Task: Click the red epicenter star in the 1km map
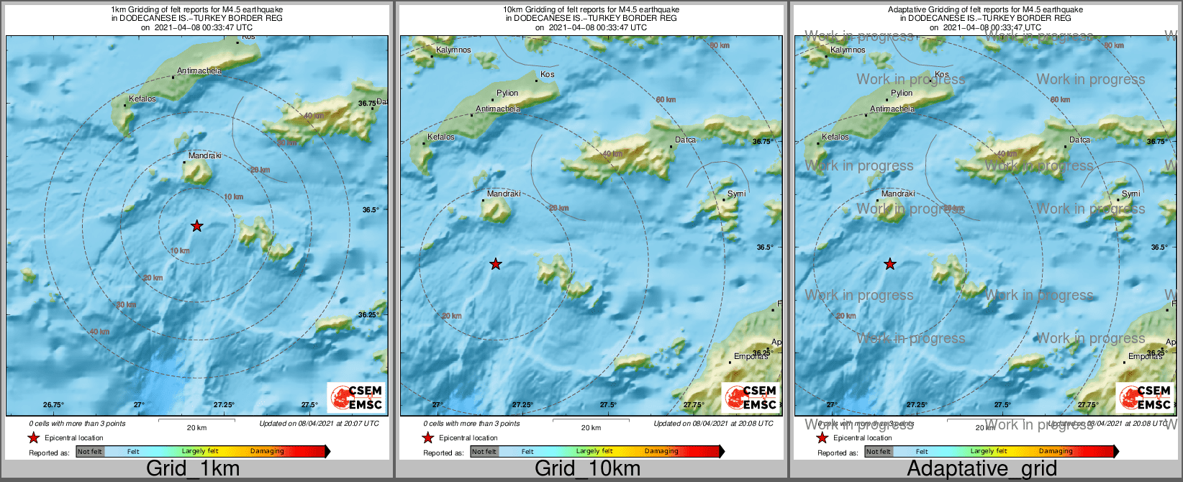click(196, 226)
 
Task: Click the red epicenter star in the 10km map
click(495, 264)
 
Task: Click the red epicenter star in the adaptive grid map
click(890, 264)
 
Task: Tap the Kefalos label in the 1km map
click(142, 99)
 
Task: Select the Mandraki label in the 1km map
click(205, 155)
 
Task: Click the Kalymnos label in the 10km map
click(453, 50)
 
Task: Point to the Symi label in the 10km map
click(737, 194)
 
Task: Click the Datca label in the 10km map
click(685, 140)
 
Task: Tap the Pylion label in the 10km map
click(507, 93)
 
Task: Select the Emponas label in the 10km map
click(751, 356)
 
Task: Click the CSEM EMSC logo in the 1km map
click(356, 397)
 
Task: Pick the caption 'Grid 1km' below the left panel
click(193, 469)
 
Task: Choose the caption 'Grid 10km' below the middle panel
click(587, 469)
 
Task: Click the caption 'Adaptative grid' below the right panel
click(982, 469)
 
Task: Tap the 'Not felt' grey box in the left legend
click(90, 452)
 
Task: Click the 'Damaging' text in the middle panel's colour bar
click(661, 452)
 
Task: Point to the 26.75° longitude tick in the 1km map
click(53, 404)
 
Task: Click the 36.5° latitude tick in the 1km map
click(370, 210)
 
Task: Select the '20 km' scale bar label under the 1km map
click(196, 428)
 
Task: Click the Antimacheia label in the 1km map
click(199, 71)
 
